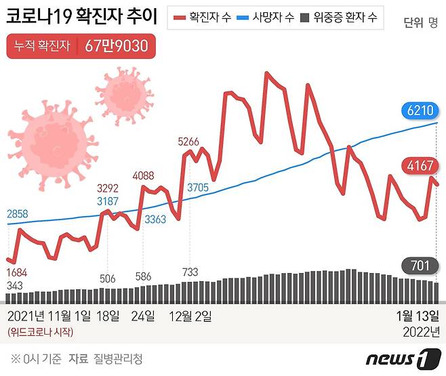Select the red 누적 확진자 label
[42, 47]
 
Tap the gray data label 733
[190, 272]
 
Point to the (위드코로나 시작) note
[40, 332]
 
